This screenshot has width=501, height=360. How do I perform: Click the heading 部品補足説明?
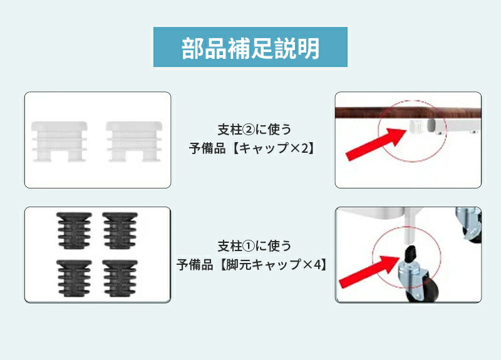pyautogui.click(x=250, y=48)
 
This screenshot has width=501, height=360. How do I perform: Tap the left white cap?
pyautogui.click(x=59, y=141)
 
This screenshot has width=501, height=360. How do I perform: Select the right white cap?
pyautogui.click(x=134, y=141)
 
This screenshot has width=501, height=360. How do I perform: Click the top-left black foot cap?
pyautogui.click(x=74, y=230)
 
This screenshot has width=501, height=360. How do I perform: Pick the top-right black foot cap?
pyautogui.click(x=120, y=230)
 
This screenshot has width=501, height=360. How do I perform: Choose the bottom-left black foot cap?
pyautogui.click(x=74, y=278)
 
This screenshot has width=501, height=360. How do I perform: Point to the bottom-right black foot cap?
pyautogui.click(x=120, y=278)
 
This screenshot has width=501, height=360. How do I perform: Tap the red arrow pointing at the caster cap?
pyautogui.click(x=369, y=271)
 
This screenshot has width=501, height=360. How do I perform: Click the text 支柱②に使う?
pyautogui.click(x=254, y=130)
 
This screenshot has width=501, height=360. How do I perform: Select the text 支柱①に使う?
pyautogui.click(x=254, y=245)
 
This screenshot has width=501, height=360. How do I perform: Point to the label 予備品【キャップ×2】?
pyautogui.click(x=252, y=148)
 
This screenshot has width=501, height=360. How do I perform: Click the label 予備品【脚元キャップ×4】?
pyautogui.click(x=252, y=264)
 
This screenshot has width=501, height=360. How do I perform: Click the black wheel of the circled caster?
pyautogui.click(x=426, y=290)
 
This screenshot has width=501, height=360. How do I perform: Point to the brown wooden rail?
pyautogui.click(x=408, y=113)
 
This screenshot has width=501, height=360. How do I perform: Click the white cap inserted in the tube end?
pyautogui.click(x=416, y=126)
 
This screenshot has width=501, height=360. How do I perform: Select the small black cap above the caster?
pyautogui.click(x=410, y=254)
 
